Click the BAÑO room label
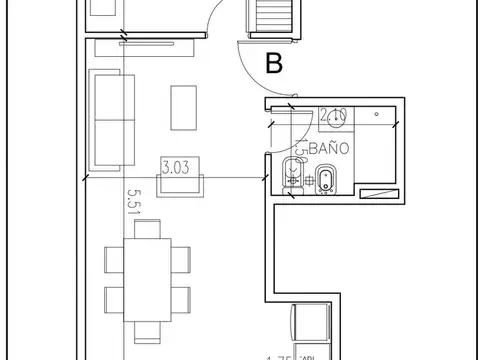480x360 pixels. (x=331, y=147)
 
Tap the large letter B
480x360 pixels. (x=274, y=64)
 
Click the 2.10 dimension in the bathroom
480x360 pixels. (x=333, y=113)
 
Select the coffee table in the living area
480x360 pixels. (x=184, y=108)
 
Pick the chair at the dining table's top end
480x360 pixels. (x=146, y=229)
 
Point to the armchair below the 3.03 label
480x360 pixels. (x=179, y=184)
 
